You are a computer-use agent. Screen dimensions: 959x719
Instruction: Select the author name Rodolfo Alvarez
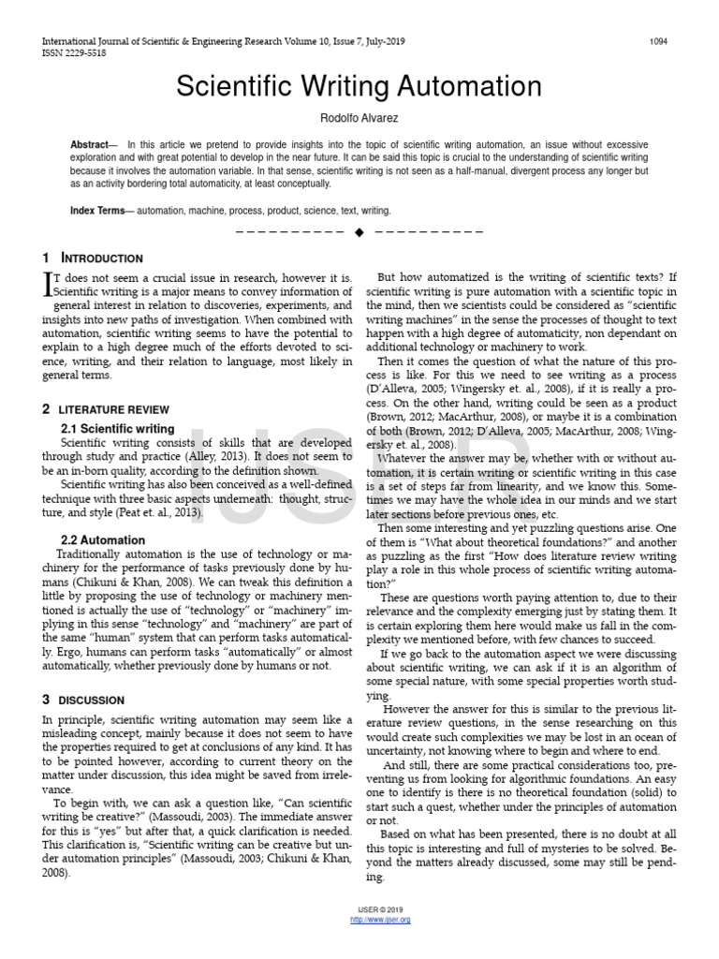pos(359,119)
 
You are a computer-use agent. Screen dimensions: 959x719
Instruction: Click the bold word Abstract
pos(90,145)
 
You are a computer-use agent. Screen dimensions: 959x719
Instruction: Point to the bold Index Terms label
pos(97,211)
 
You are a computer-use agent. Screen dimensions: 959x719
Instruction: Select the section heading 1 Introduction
pos(93,258)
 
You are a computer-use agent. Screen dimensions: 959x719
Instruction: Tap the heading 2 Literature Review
pos(106,409)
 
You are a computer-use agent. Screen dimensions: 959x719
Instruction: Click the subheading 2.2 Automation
pos(102,540)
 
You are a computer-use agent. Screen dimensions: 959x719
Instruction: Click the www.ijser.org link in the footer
pos(379,920)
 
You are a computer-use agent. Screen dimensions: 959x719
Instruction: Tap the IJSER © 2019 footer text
pos(379,910)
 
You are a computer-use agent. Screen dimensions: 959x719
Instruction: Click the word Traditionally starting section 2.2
pos(91,554)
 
